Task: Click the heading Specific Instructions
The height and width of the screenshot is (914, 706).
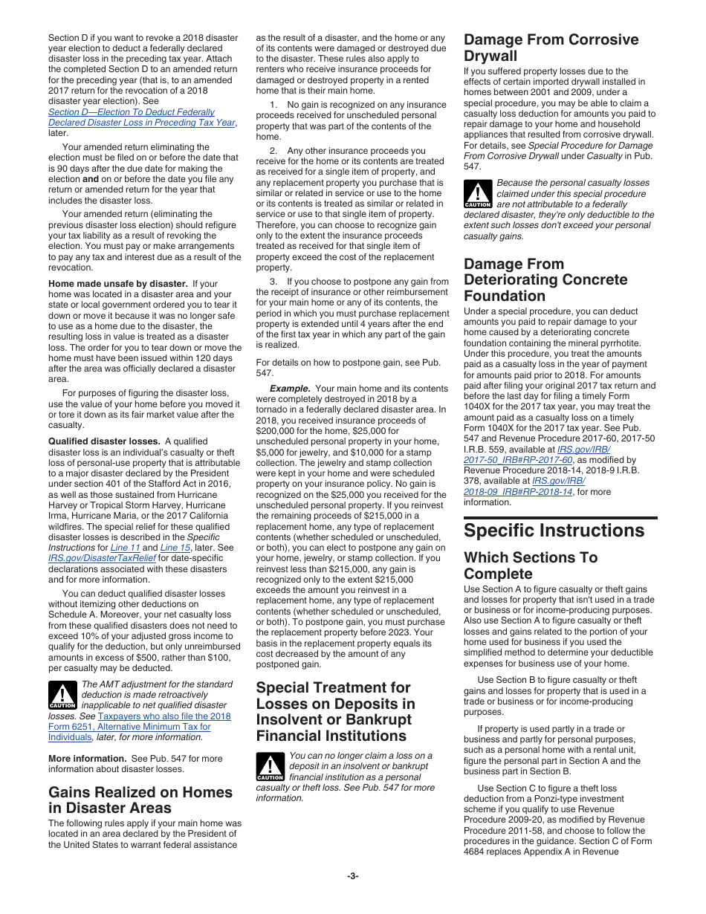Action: click(x=554, y=531)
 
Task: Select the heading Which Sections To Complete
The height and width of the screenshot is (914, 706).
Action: click(x=530, y=565)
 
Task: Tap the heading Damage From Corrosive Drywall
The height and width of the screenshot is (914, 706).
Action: click(x=551, y=48)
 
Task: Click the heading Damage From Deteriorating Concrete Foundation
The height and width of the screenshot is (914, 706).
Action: click(x=545, y=280)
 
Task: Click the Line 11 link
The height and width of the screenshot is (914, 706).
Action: click(x=125, y=548)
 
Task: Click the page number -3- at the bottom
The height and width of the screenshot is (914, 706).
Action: click(x=352, y=876)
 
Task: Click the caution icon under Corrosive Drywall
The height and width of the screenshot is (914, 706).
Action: click(x=478, y=193)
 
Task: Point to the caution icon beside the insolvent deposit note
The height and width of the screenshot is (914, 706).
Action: click(x=271, y=766)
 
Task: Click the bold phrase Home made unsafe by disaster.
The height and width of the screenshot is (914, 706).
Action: click(x=117, y=283)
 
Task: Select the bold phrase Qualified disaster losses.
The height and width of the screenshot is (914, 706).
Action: click(x=104, y=441)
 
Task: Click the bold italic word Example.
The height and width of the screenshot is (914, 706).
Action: click(x=290, y=389)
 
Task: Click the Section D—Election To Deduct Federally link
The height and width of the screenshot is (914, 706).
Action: click(x=132, y=112)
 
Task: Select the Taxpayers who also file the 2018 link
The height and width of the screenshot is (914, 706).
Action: click(x=164, y=716)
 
